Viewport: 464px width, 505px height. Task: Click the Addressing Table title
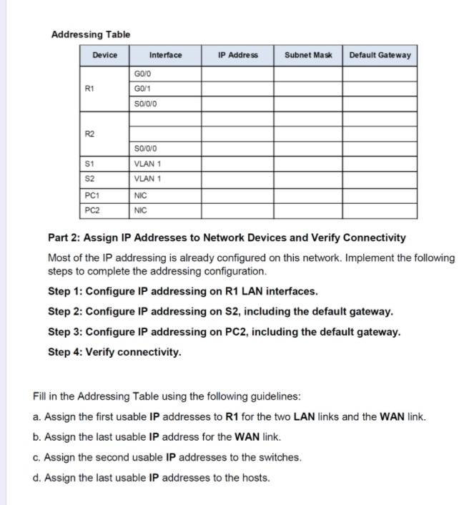pyautogui.click(x=91, y=34)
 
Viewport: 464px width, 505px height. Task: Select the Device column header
pyautogui.click(x=104, y=55)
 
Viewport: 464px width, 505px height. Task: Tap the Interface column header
pyautogui.click(x=165, y=55)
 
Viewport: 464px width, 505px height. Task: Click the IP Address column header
pyautogui.click(x=238, y=55)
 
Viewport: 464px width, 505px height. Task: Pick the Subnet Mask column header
pyautogui.click(x=308, y=55)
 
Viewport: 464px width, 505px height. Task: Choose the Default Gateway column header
pyautogui.click(x=380, y=55)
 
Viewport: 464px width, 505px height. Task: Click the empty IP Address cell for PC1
pyautogui.click(x=237, y=195)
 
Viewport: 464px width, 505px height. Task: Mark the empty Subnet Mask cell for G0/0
pyautogui.click(x=309, y=74)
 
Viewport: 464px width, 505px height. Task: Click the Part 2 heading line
pyautogui.click(x=227, y=237)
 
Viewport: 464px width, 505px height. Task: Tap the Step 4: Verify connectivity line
pyautogui.click(x=114, y=352)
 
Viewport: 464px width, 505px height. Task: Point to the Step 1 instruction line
pyautogui.click(x=182, y=292)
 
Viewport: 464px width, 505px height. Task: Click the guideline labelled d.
pyautogui.click(x=152, y=477)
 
